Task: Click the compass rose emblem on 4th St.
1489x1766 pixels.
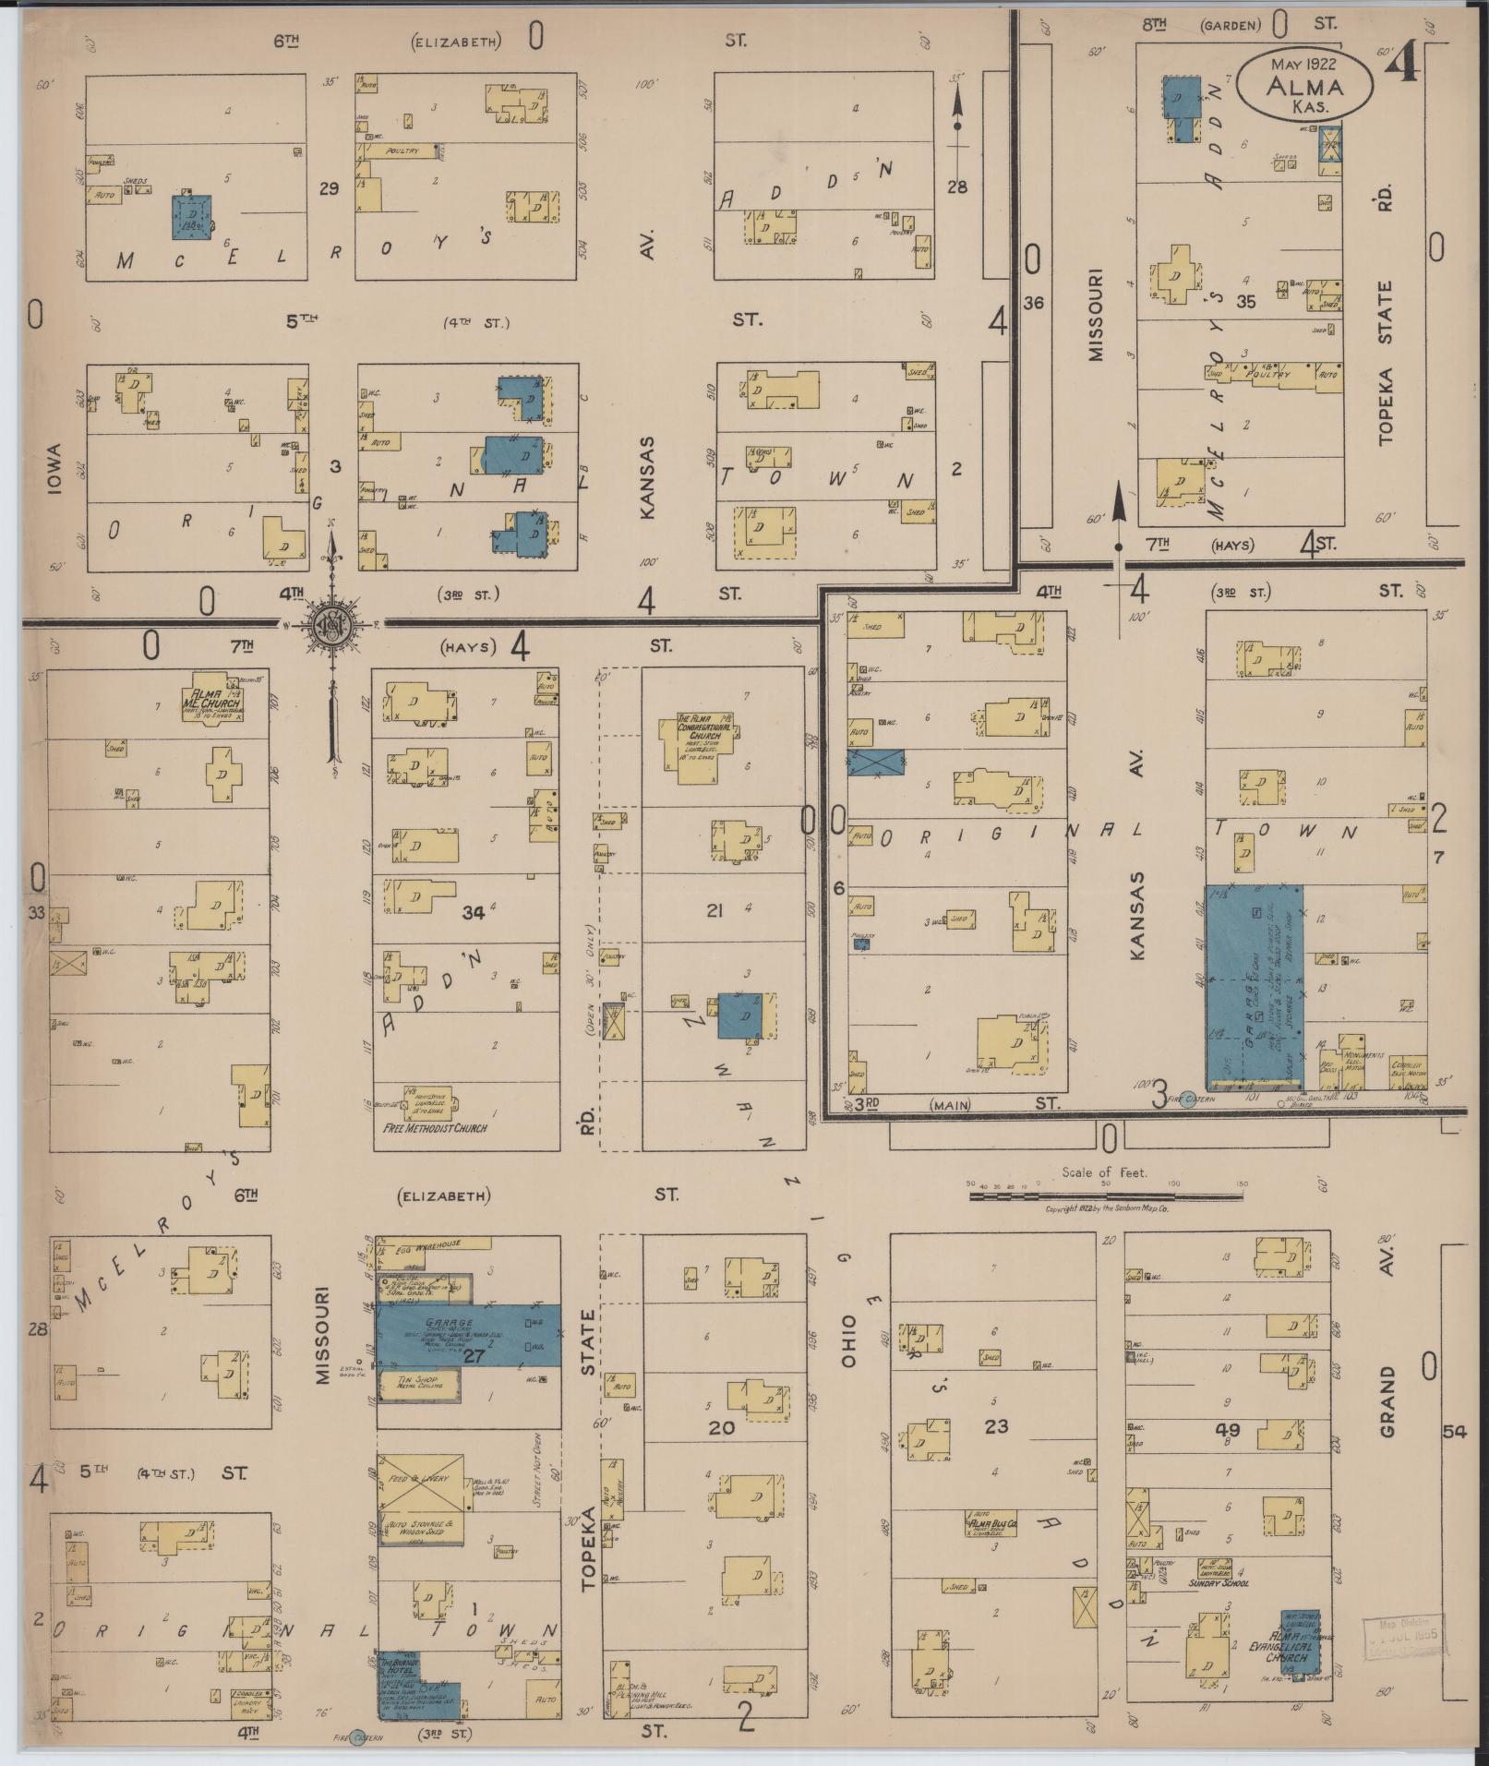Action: (x=332, y=624)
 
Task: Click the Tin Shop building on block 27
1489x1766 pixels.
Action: (x=419, y=1384)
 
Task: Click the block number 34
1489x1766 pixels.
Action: (x=474, y=913)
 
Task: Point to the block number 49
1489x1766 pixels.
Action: (x=1228, y=1430)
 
